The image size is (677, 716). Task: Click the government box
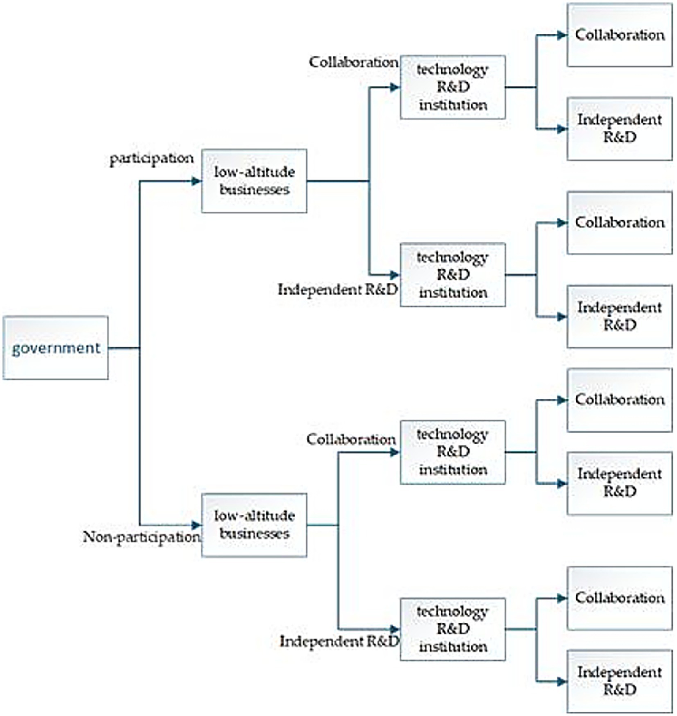(56, 348)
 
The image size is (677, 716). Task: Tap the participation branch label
(152, 158)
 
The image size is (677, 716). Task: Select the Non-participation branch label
(142, 537)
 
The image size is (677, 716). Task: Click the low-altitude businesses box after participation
(254, 181)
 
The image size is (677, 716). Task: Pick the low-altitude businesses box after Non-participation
(254, 525)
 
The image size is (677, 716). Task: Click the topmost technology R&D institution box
(453, 87)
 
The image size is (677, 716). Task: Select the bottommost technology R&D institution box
(453, 629)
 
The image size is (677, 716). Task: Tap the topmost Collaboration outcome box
(620, 35)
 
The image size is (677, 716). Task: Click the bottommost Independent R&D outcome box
(620, 681)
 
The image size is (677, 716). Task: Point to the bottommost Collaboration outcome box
(620, 598)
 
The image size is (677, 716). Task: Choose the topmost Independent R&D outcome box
(620, 129)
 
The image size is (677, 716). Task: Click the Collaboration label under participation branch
(353, 62)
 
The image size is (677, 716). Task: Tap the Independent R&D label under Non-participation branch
(339, 641)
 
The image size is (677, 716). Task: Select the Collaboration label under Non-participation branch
(351, 439)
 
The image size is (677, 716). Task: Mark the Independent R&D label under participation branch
(338, 290)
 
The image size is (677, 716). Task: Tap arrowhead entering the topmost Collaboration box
(562, 35)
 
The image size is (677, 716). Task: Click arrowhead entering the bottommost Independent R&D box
(562, 682)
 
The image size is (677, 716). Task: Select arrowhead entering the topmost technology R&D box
(395, 87)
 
